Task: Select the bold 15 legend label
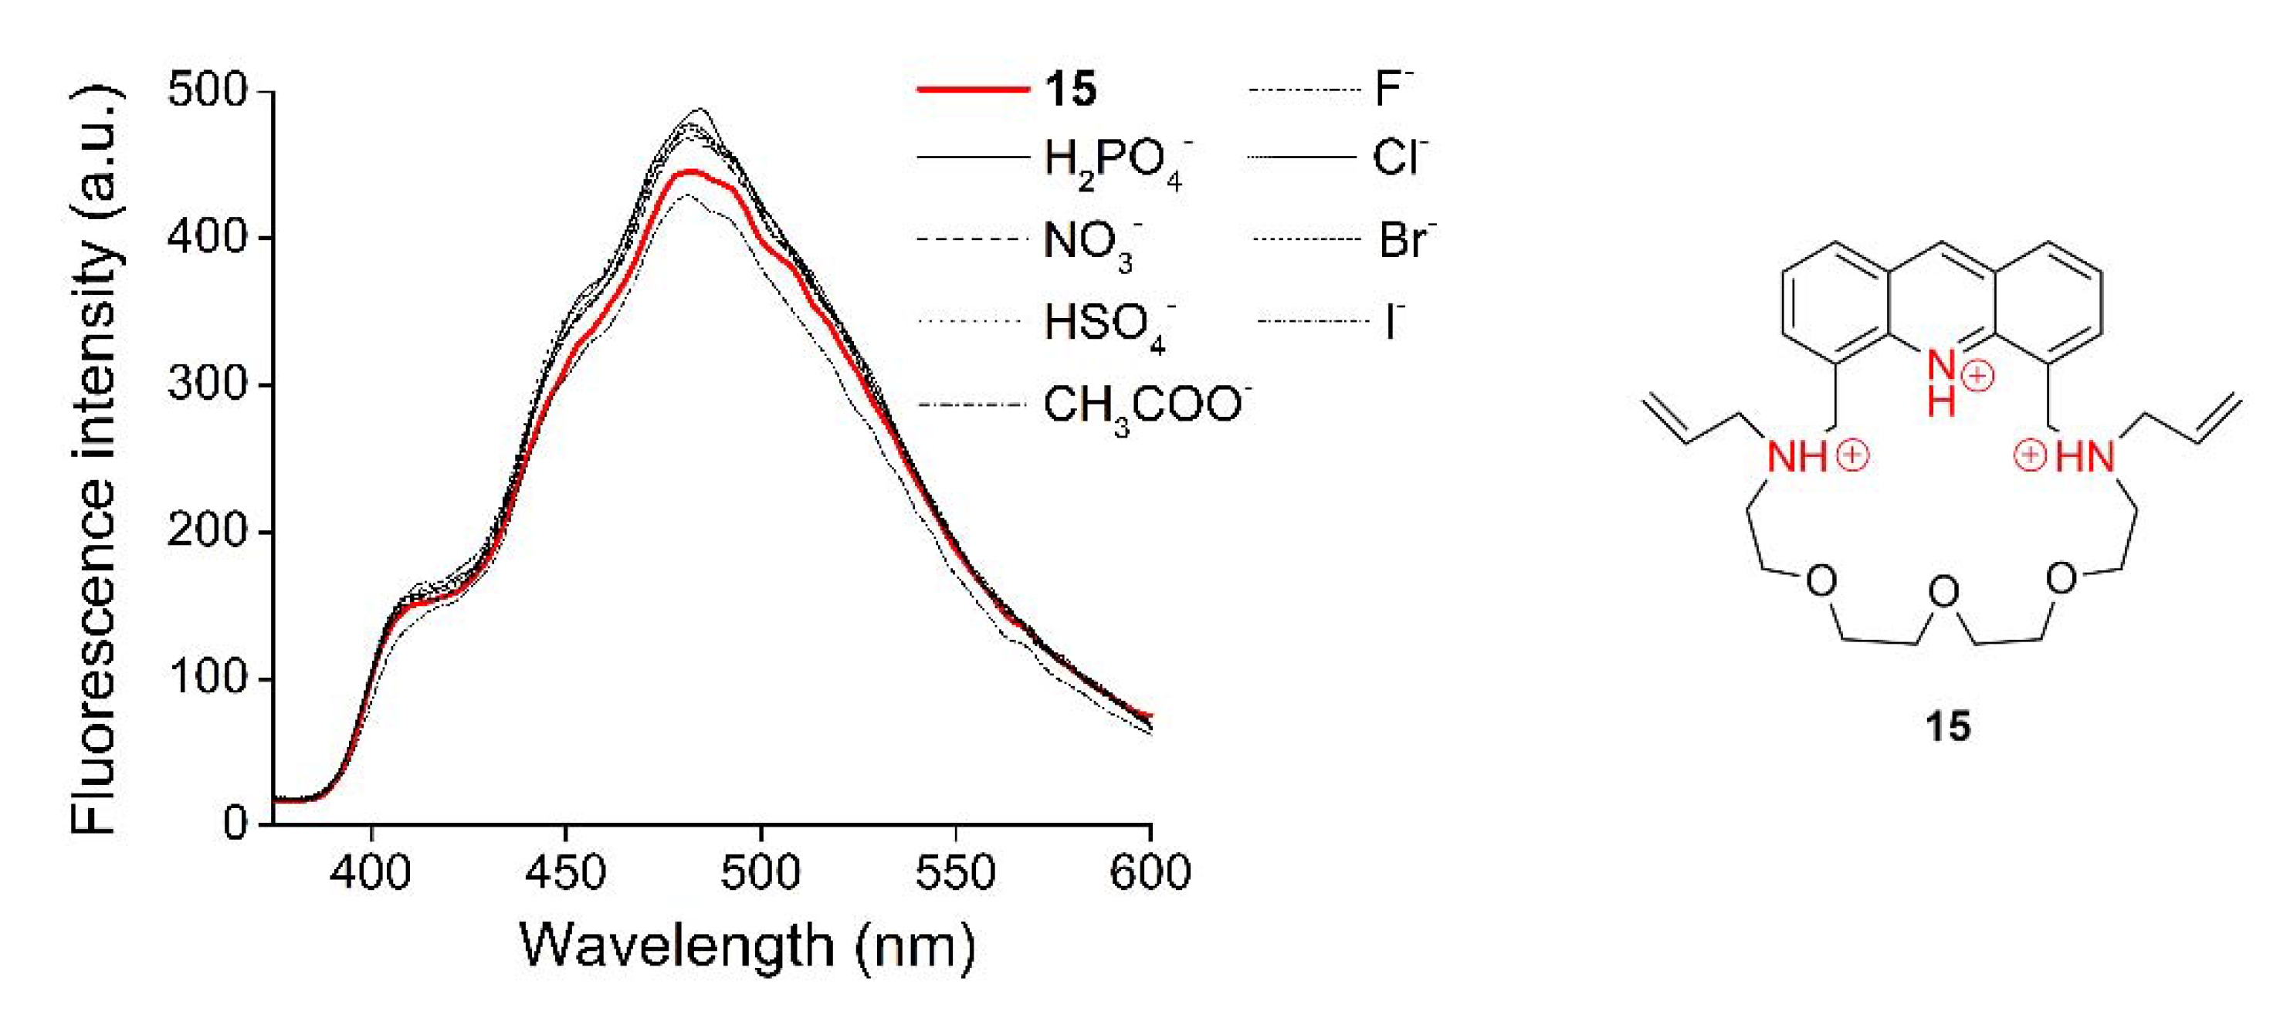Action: point(1070,89)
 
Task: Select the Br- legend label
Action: point(1405,241)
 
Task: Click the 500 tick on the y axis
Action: point(209,90)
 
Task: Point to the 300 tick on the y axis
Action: point(209,384)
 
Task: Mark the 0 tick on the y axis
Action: point(235,824)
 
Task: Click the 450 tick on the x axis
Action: point(564,873)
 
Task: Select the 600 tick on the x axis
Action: point(1150,873)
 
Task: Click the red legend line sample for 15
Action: point(972,90)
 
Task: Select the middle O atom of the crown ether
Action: point(1943,592)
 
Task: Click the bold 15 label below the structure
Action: point(1948,728)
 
